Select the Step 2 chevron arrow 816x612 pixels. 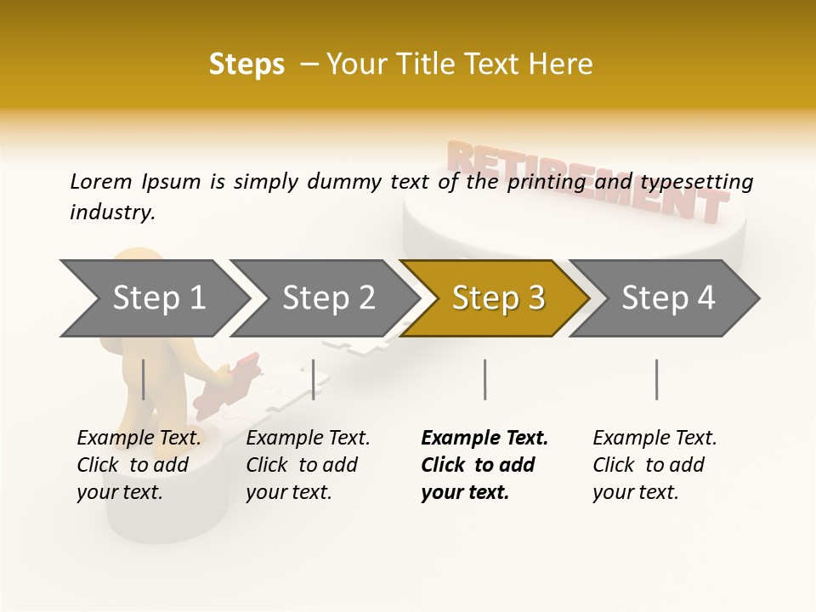(x=327, y=297)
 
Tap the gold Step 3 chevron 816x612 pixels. (x=497, y=297)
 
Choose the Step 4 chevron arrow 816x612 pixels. (x=667, y=297)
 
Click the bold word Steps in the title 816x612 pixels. (x=246, y=65)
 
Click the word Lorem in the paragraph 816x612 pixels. (x=100, y=181)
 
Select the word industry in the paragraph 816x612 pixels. (x=111, y=212)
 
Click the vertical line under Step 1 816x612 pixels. (x=144, y=379)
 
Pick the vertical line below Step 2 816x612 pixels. (x=314, y=379)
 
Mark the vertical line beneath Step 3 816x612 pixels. (x=484, y=379)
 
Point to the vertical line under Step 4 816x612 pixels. (x=656, y=379)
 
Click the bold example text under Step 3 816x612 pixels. (x=483, y=465)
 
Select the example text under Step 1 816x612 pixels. (x=138, y=465)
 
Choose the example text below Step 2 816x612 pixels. (x=307, y=465)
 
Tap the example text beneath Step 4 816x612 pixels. (x=654, y=465)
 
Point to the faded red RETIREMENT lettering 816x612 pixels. (x=586, y=178)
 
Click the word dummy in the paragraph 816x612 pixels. (x=374, y=182)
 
